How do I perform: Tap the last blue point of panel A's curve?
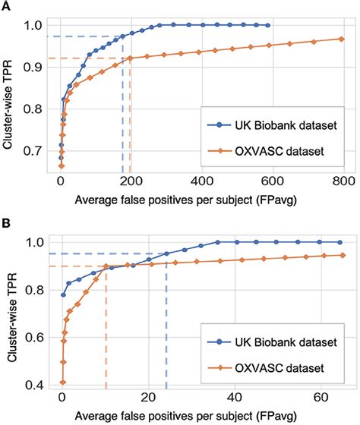pyautogui.click(x=267, y=25)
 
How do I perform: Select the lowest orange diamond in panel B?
pyautogui.click(x=62, y=382)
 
